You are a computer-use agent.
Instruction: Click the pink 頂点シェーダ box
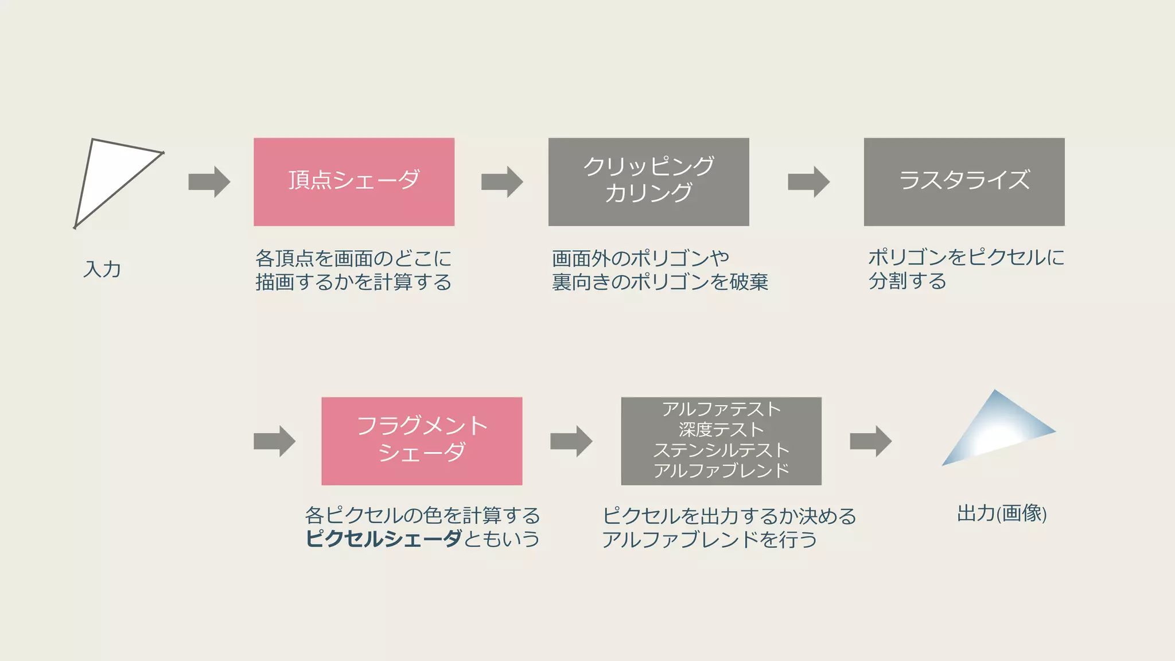point(354,182)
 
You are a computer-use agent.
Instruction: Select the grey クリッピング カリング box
point(648,182)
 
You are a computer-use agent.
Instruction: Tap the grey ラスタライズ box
point(964,182)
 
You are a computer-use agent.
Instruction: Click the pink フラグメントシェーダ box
point(422,441)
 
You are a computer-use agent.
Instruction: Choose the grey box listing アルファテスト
point(721,441)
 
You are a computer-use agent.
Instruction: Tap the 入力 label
point(102,269)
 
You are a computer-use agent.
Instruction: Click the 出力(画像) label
point(1002,513)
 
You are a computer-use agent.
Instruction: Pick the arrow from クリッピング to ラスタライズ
point(808,182)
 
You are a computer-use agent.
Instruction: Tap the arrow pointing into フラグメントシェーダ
point(274,441)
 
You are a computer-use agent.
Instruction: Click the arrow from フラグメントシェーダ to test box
point(571,441)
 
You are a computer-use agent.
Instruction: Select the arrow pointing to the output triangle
point(870,441)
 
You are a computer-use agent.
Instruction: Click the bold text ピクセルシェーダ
point(383,539)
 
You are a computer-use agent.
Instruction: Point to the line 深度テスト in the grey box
point(721,429)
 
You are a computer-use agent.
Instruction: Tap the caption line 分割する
point(907,281)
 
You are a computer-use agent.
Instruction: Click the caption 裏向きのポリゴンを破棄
point(660,282)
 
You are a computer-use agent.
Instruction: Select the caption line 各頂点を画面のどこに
point(353,258)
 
